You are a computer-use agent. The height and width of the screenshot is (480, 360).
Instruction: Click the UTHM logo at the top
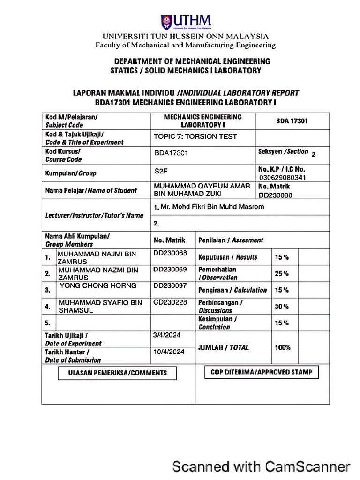186,22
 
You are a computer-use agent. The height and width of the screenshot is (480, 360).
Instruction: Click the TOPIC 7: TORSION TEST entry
195,137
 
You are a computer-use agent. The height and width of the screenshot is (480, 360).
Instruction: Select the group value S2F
161,172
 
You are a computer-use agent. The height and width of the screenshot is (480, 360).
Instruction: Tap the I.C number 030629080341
282,178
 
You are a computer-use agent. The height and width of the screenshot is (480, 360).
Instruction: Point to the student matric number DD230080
276,195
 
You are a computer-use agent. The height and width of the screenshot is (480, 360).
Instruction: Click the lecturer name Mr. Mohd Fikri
209,207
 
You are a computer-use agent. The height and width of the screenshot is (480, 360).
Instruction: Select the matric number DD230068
170,254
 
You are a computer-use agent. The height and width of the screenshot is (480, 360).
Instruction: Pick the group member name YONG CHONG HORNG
98,285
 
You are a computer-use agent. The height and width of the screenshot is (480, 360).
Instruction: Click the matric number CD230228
170,302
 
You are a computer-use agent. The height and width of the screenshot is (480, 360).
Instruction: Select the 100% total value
283,348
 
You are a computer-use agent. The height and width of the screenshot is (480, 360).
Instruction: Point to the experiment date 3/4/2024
167,335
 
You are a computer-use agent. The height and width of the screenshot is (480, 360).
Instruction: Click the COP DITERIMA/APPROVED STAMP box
262,372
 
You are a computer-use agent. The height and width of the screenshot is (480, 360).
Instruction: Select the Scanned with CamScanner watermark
261,466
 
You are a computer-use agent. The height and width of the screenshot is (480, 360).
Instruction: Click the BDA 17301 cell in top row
292,121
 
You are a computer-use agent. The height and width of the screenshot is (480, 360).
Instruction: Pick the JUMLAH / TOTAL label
224,348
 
